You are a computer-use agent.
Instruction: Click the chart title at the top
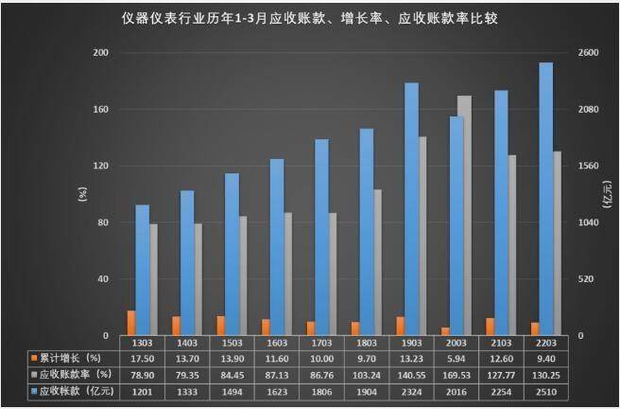point(309,17)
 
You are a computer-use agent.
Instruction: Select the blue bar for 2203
point(545,199)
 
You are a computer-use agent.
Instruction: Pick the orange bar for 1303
point(131,323)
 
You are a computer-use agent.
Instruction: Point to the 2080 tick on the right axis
point(587,109)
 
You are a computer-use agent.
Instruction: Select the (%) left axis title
point(81,195)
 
